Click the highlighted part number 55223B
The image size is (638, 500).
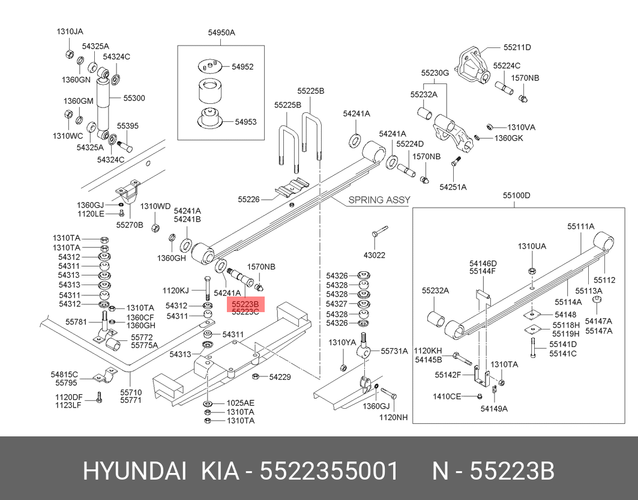[x=245, y=304]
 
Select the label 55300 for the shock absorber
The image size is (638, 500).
[x=134, y=98]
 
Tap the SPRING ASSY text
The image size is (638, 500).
[x=379, y=200]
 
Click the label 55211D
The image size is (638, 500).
[x=517, y=47]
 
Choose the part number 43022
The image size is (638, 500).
[x=374, y=255]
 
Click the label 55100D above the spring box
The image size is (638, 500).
[x=517, y=196]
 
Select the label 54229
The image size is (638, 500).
[x=280, y=377]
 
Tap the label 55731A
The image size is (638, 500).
[x=394, y=351]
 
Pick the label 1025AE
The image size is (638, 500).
[x=240, y=403]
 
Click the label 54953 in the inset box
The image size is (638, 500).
[x=245, y=122]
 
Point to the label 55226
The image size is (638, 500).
[x=248, y=199]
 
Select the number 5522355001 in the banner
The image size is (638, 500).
[x=328, y=472]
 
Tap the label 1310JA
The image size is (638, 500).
[x=70, y=31]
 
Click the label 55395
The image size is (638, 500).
[x=127, y=126]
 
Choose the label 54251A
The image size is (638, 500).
[x=453, y=187]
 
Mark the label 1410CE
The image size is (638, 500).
[x=447, y=396]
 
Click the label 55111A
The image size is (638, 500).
[x=581, y=226]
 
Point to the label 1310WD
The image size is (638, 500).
[x=155, y=206]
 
